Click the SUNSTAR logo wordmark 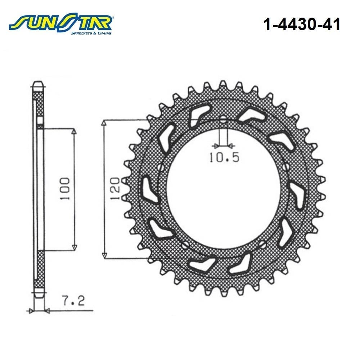(60, 22)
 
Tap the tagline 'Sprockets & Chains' (91, 33)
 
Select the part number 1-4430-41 (301, 24)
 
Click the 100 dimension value (65, 189)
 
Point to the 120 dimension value (115, 189)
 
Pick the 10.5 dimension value (224, 157)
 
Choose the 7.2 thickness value (74, 301)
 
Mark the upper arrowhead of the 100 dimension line (74, 133)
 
